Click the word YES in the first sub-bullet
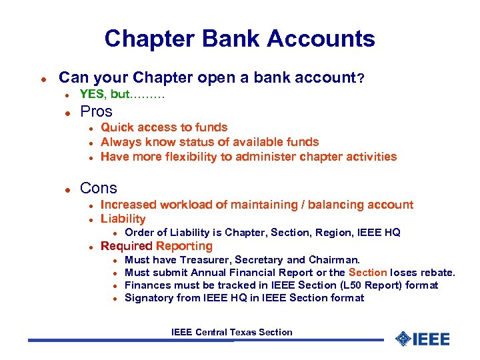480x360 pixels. (x=91, y=95)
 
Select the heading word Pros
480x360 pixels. (x=96, y=111)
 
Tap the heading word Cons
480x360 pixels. (x=98, y=189)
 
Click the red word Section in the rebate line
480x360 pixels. (x=367, y=272)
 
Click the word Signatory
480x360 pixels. (x=149, y=298)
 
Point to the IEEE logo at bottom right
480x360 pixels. (x=422, y=339)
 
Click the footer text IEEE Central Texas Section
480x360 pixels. (x=231, y=332)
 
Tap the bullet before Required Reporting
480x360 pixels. (x=90, y=247)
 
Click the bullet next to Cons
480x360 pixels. (x=67, y=189)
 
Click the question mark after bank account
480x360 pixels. (x=361, y=78)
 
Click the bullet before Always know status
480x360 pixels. (x=90, y=142)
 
